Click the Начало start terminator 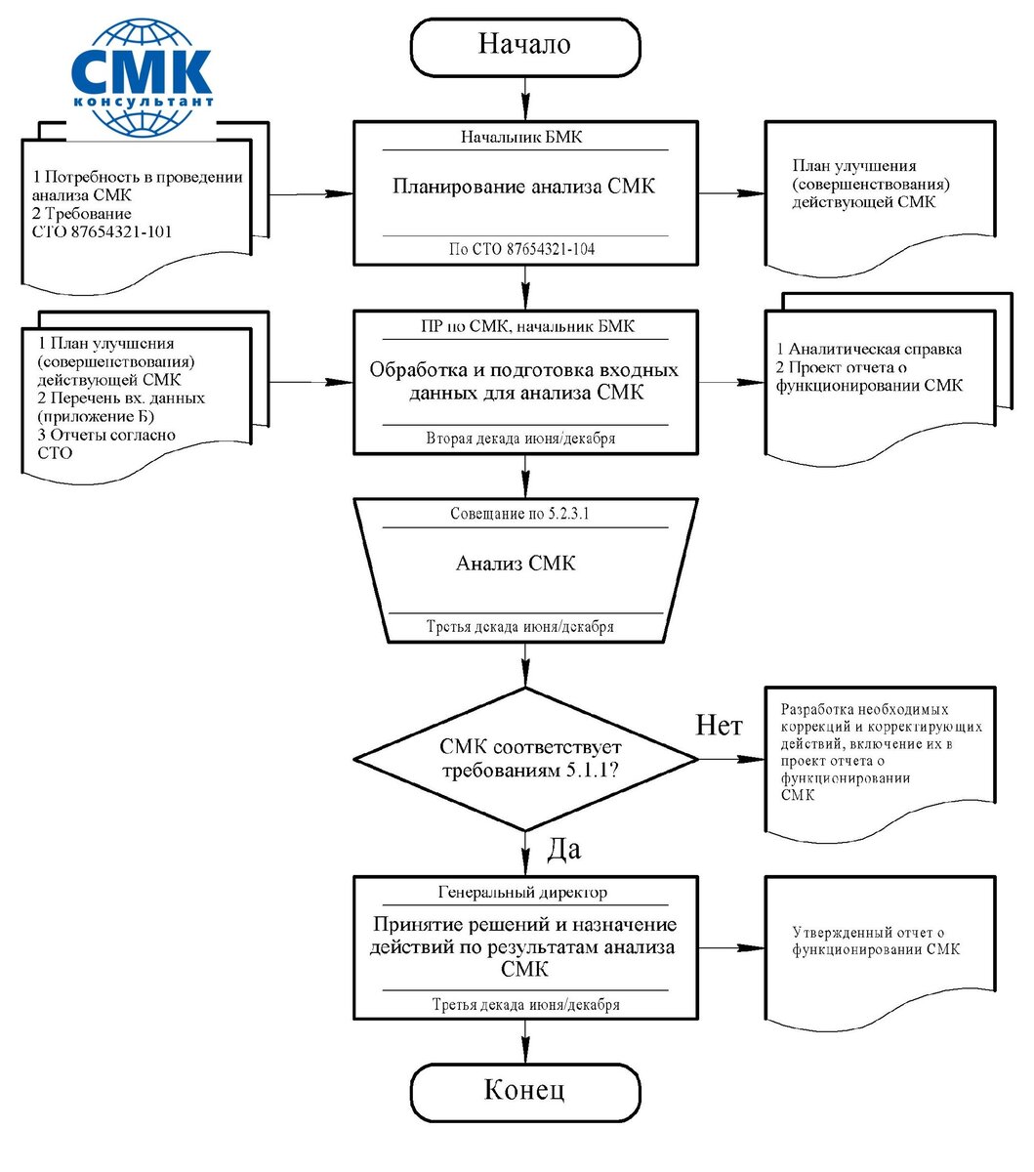(x=524, y=45)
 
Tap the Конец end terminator (x=524, y=1090)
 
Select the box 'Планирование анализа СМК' (x=524, y=187)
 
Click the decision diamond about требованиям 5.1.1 (x=525, y=759)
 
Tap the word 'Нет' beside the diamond (x=719, y=725)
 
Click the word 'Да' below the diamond (x=563, y=850)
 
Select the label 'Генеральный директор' (x=522, y=892)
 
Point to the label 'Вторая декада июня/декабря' (x=520, y=439)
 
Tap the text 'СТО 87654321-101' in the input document (x=103, y=231)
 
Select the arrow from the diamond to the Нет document (x=731, y=759)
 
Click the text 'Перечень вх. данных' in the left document (x=121, y=398)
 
